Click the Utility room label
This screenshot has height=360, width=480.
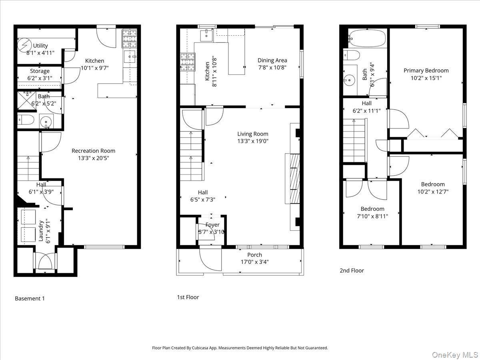pyautogui.click(x=41, y=46)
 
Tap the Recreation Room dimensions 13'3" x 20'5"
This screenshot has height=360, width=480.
pyautogui.click(x=93, y=158)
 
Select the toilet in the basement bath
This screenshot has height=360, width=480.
pyautogui.click(x=26, y=120)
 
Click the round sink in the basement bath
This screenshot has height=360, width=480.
pyautogui.click(x=47, y=120)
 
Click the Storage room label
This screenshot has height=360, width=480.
pyautogui.click(x=40, y=71)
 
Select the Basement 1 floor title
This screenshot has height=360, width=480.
pyautogui.click(x=30, y=298)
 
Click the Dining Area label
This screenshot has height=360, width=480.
pyautogui.click(x=272, y=60)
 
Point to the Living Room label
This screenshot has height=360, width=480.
pyautogui.click(x=252, y=134)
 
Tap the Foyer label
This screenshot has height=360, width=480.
pyautogui.click(x=212, y=225)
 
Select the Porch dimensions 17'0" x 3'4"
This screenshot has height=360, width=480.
pyautogui.click(x=254, y=262)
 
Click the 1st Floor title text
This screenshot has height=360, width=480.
pyautogui.click(x=188, y=297)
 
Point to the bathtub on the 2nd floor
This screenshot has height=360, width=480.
pyautogui.click(x=367, y=39)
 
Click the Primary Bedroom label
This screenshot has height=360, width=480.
pyautogui.click(x=426, y=70)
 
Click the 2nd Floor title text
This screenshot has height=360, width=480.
pyautogui.click(x=352, y=270)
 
